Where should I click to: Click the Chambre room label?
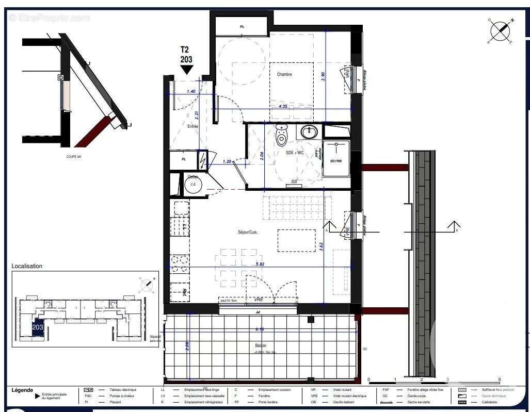284,74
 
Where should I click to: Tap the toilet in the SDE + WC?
281,135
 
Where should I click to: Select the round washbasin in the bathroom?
309,132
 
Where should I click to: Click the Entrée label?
192,126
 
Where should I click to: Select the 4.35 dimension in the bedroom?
283,106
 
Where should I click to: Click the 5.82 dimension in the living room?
260,264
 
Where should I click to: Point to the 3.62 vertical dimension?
322,246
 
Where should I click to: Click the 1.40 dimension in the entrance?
191,91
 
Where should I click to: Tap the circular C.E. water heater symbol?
194,184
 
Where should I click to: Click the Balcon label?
261,345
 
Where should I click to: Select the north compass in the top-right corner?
500,31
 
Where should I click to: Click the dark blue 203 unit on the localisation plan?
38,328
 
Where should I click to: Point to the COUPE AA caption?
74,156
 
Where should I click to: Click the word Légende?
22,390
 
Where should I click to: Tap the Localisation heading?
27,266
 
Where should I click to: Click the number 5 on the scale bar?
499,379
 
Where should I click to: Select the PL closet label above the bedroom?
242,26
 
